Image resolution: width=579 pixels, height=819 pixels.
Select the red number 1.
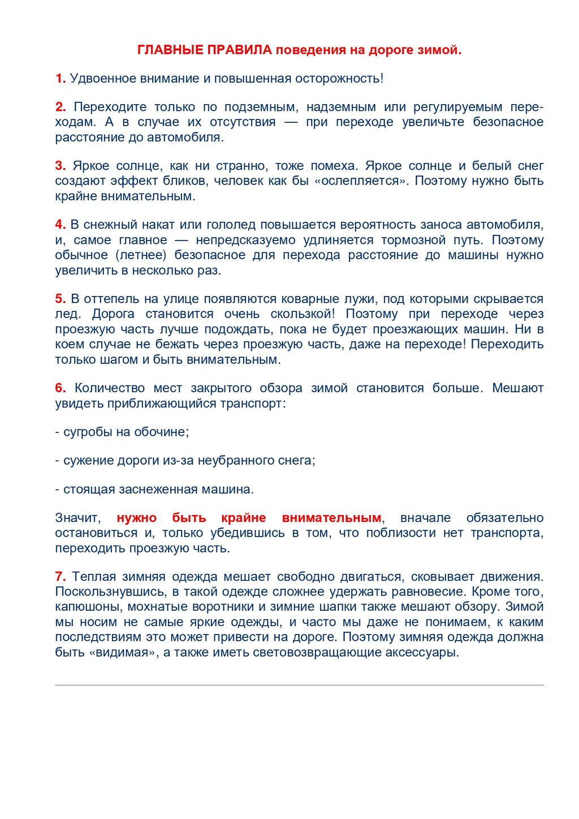click(61, 79)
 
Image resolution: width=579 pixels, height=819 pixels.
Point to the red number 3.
click(61, 166)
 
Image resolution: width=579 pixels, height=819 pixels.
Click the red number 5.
click(61, 299)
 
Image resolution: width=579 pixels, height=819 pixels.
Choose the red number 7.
click(61, 577)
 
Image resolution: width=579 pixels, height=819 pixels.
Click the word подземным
click(261, 107)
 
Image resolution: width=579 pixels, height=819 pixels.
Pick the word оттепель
click(111, 299)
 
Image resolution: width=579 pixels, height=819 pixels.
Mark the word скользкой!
click(303, 314)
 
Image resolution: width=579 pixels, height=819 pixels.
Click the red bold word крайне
click(243, 518)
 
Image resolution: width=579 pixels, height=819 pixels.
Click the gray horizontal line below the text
click(299, 685)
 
